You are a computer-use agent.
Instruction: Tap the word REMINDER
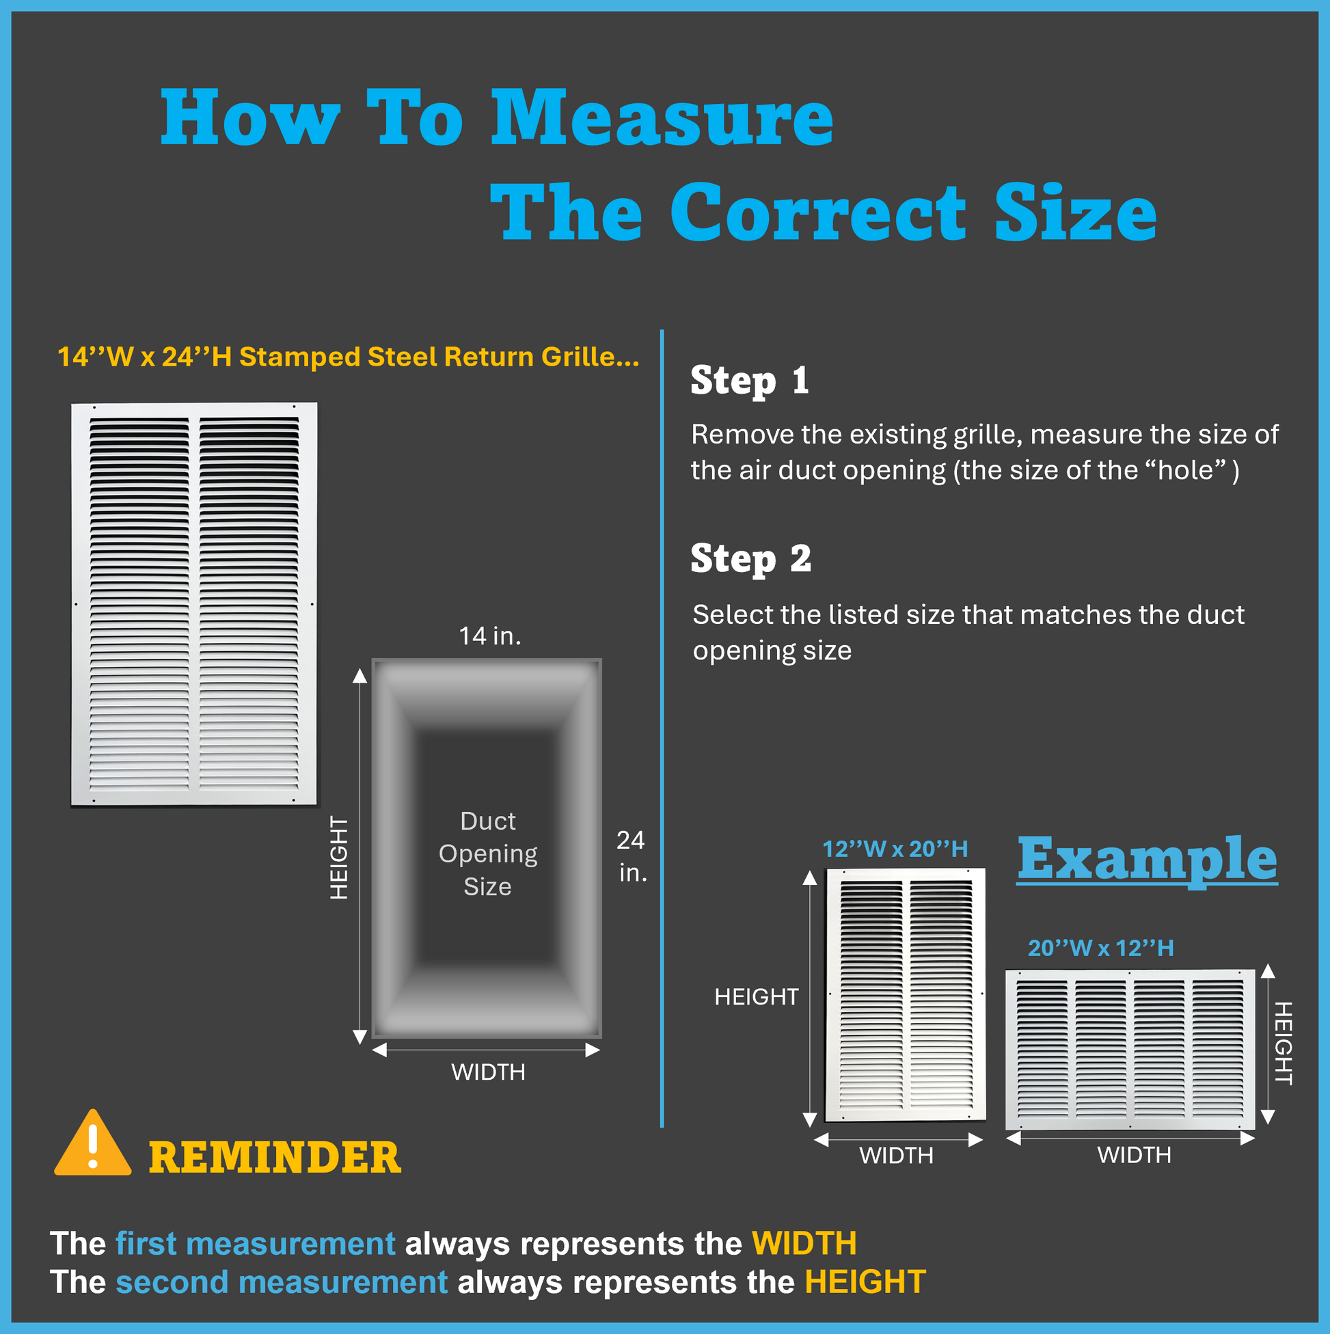275,1158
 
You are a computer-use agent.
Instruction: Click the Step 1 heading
749,381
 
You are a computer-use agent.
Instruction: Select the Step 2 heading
750,559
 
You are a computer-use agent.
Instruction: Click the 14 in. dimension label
490,636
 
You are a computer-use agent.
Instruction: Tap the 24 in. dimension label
632,856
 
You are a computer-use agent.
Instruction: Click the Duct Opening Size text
487,854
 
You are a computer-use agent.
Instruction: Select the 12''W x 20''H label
895,849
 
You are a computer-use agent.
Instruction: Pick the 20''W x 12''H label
1101,948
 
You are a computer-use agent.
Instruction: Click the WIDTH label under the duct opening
488,1072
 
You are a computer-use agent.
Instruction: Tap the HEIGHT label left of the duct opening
339,858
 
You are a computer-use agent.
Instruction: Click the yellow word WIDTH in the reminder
804,1244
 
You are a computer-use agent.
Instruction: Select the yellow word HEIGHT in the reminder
865,1282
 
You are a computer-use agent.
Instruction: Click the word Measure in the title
662,118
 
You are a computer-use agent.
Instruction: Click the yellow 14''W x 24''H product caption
348,357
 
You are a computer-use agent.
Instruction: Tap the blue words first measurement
256,1244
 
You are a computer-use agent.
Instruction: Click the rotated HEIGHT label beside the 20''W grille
1283,1044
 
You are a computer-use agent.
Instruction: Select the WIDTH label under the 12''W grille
896,1155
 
